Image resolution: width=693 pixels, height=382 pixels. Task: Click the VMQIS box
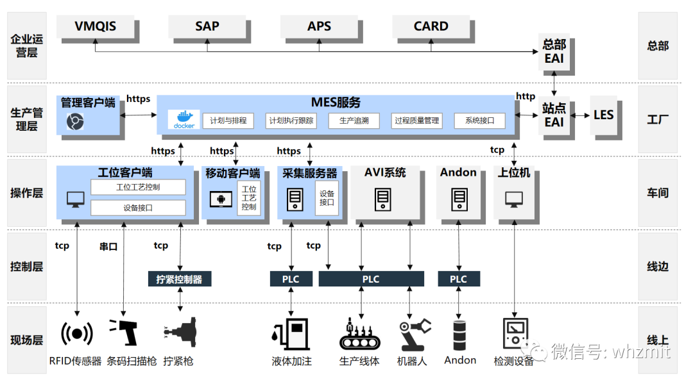(96, 26)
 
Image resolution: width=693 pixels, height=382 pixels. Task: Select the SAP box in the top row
(207, 26)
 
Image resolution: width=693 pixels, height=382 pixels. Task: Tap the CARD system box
(431, 26)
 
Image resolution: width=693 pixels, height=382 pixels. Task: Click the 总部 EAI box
(554, 51)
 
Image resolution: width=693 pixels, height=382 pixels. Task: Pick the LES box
(603, 115)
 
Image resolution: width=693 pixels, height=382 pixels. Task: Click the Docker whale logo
(184, 119)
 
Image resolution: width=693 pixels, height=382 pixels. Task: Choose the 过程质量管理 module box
(416, 120)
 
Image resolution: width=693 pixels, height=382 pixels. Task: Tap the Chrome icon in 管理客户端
(76, 120)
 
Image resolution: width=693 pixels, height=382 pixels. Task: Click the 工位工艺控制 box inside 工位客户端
(138, 187)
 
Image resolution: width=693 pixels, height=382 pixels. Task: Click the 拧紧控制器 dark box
(179, 279)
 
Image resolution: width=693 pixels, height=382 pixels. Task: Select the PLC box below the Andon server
(458, 279)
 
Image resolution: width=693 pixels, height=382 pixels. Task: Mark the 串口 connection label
(108, 246)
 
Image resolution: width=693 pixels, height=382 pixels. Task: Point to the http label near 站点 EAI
(526, 96)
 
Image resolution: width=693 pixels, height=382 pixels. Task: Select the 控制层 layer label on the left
(27, 266)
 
